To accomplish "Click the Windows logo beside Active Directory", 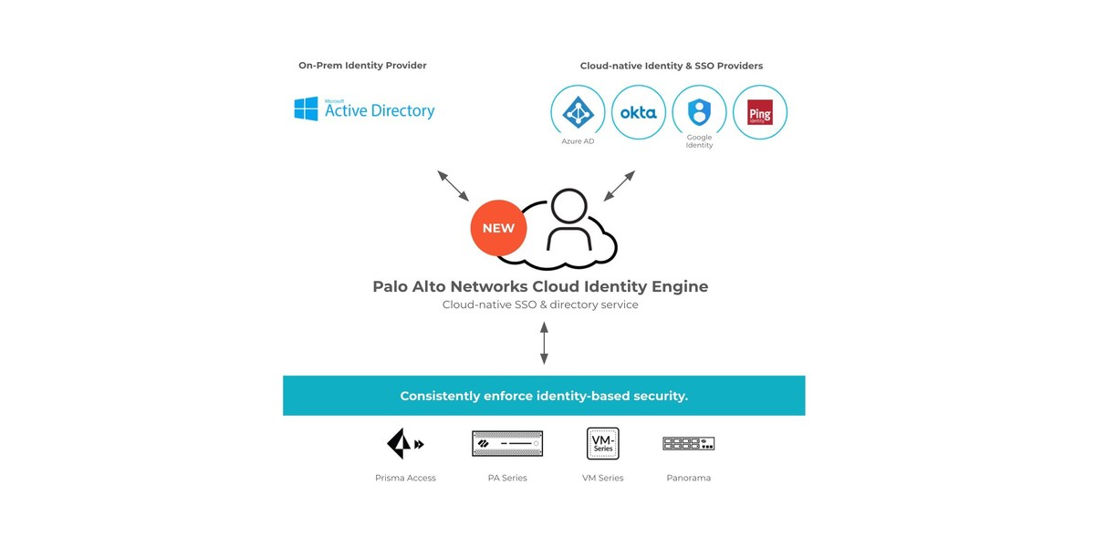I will [x=306, y=109].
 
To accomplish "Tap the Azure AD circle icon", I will [x=578, y=112].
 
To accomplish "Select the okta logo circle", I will [x=638, y=112].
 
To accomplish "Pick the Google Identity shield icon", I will [x=699, y=111].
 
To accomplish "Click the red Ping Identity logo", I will [x=759, y=112].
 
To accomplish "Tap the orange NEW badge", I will [x=498, y=228].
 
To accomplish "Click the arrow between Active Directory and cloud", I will [x=453, y=185].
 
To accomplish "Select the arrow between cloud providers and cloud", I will [x=619, y=185].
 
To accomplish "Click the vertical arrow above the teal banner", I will [x=544, y=343].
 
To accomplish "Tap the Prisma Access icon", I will [x=404, y=444].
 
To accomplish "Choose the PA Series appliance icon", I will [x=507, y=444].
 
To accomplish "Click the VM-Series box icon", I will [x=602, y=443].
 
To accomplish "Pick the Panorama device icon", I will [x=688, y=443].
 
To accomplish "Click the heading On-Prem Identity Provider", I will [x=362, y=66].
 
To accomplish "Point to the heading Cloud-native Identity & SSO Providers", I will [x=671, y=66].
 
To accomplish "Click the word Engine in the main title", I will [x=675, y=286].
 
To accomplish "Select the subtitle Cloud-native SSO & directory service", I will [x=540, y=304].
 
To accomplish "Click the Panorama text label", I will [x=688, y=478].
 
